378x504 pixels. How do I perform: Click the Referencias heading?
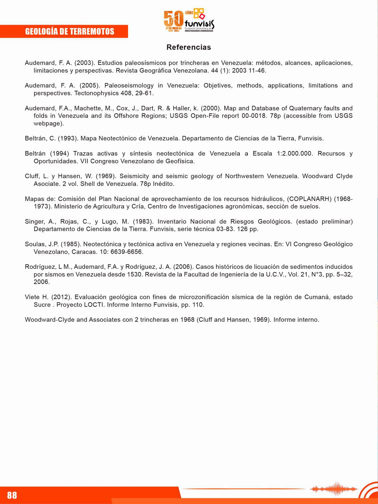pyautogui.click(x=189, y=47)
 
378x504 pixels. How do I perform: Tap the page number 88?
pyautogui.click(x=12, y=495)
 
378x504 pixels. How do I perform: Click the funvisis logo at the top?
pyautogui.click(x=189, y=21)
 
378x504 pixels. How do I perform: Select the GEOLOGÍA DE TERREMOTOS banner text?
pyautogui.click(x=70, y=32)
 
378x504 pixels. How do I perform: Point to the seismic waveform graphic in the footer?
pyautogui.click(x=333, y=489)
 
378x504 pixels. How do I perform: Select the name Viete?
pyautogui.click(x=32, y=297)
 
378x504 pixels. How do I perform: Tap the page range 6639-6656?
pyautogui.click(x=126, y=252)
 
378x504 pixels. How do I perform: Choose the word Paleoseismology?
pyautogui.click(x=129, y=86)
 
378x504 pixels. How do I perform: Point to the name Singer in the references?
pyautogui.click(x=34, y=222)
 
